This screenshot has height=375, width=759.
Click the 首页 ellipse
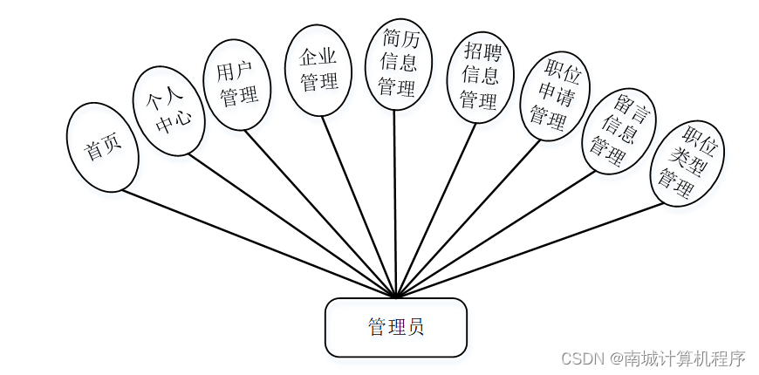(x=102, y=147)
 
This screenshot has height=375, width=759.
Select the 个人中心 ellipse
(x=168, y=111)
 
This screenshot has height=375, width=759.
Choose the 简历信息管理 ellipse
(x=398, y=63)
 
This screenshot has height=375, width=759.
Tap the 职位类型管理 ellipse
(x=687, y=163)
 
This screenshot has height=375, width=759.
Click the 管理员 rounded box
(x=395, y=328)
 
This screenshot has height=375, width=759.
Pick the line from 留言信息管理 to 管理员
(x=497, y=233)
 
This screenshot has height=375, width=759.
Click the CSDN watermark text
(x=653, y=358)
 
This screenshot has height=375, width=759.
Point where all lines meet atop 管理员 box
(x=396, y=297)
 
